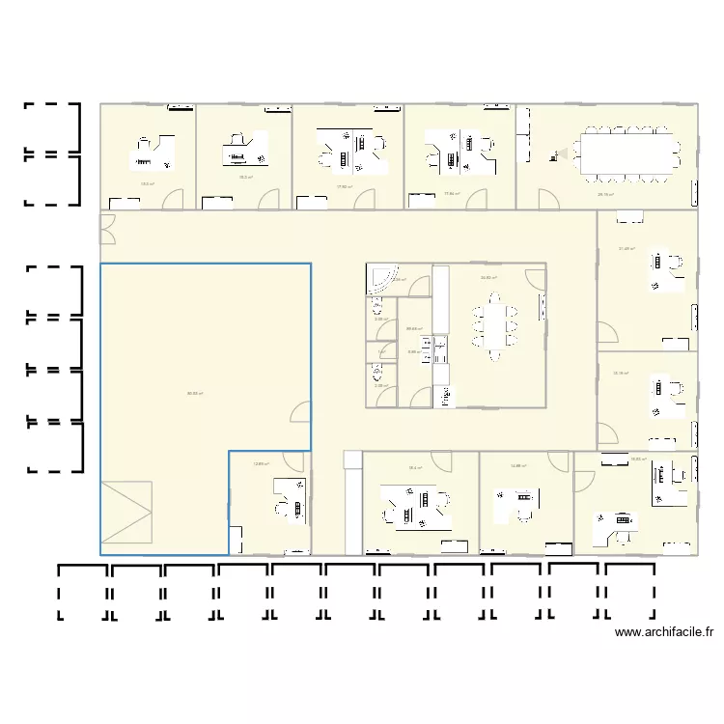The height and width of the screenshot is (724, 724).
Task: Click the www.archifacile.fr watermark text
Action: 663,633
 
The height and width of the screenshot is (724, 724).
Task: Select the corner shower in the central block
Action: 378,278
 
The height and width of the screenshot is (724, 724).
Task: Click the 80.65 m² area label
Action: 195,393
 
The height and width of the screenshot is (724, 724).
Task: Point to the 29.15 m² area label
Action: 606,195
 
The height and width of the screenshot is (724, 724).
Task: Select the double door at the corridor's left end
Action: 107,229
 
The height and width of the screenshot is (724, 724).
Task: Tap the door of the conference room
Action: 547,198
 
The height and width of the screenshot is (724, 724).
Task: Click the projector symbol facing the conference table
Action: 556,152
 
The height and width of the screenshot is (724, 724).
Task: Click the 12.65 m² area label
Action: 261,464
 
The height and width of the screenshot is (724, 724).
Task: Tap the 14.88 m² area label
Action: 517,466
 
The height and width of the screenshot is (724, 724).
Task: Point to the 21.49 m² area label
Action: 627,249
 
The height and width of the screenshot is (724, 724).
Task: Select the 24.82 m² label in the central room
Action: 488,278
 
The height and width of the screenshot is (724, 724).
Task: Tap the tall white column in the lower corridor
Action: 351,502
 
